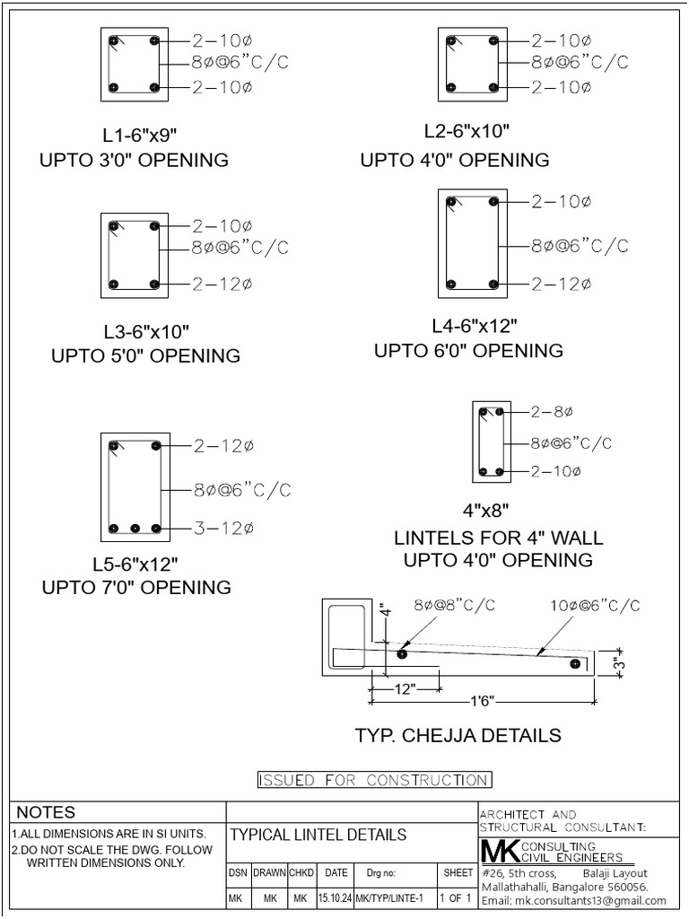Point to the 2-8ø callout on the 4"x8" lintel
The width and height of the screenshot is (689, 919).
pos(552,412)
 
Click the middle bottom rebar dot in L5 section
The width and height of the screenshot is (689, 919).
pos(134,529)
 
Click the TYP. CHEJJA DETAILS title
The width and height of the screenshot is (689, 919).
pos(458,736)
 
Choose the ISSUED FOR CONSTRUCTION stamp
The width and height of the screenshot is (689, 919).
pos(374,780)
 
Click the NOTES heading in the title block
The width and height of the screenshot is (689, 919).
pos(47,812)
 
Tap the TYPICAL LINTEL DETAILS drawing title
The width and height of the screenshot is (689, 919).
pos(318,835)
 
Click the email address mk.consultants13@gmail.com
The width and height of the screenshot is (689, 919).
pos(573,900)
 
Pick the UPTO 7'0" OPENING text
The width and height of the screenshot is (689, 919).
pos(136,588)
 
